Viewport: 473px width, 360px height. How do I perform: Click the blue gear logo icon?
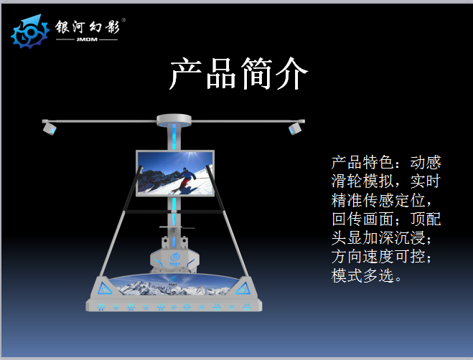[x=30, y=32]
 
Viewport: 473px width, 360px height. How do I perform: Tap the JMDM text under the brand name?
[x=87, y=39]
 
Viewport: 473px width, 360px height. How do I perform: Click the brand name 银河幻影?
[x=88, y=27]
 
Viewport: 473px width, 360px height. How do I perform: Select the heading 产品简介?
[x=238, y=73]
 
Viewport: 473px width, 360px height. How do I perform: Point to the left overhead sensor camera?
[x=50, y=128]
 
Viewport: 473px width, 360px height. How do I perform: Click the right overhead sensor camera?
[x=295, y=128]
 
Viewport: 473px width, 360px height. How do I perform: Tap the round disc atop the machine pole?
[x=174, y=120]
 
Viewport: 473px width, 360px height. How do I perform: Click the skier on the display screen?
[x=184, y=179]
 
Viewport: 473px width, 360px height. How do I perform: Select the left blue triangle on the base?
[x=104, y=289]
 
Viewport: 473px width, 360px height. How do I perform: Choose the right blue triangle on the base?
[x=243, y=288]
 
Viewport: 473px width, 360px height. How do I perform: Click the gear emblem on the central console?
[x=174, y=257]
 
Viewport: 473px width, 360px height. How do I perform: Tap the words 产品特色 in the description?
[x=362, y=163]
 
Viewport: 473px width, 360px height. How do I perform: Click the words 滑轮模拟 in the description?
[x=362, y=181]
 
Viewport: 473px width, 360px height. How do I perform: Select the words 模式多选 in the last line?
[x=362, y=275]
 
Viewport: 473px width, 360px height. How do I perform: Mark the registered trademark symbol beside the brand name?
[x=123, y=20]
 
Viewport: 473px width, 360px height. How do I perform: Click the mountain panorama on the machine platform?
[x=174, y=285]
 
